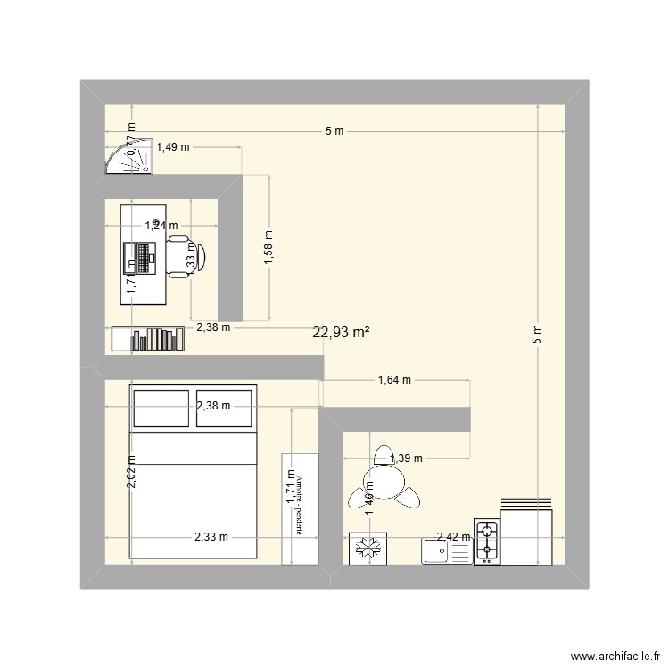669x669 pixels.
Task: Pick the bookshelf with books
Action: point(148,339)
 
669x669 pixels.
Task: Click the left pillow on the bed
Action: point(161,409)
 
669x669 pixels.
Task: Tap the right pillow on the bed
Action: point(226,409)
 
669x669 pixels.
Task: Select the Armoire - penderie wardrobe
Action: point(300,508)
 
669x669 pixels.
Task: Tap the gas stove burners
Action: point(486,542)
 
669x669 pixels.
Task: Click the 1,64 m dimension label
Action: point(394,380)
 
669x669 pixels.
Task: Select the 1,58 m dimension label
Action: point(268,247)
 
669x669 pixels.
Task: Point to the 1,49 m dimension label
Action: point(173,148)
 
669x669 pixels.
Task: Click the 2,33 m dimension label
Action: point(211,537)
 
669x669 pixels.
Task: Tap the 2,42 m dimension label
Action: point(453,537)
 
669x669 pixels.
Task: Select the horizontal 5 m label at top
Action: point(334,131)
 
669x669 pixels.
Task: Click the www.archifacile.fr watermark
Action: point(615,652)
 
